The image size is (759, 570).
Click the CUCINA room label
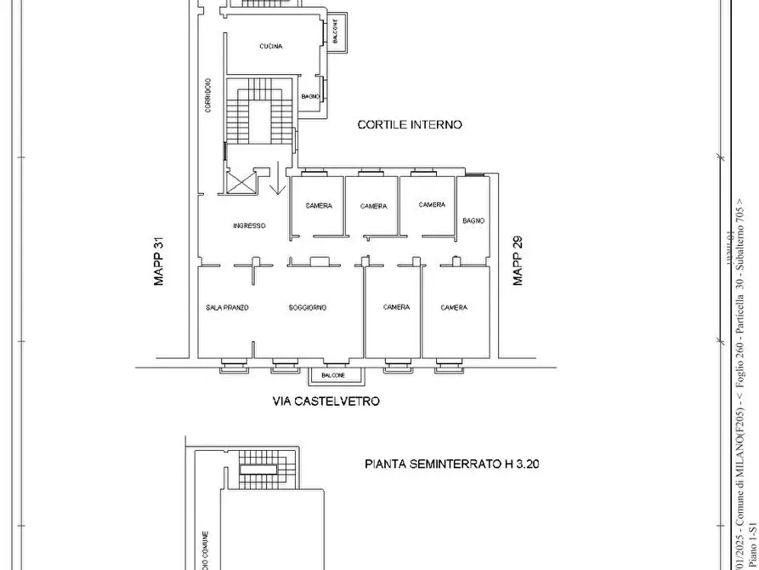point(271,47)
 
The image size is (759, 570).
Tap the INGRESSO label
point(250,226)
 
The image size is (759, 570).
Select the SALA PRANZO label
point(227,308)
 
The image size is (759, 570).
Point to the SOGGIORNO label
point(308,308)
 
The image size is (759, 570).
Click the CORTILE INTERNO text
point(410,125)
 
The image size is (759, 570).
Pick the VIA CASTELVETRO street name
point(326,402)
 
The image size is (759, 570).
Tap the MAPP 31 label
point(158,261)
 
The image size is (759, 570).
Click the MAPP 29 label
point(518,261)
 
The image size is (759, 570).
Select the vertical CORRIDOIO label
point(207,95)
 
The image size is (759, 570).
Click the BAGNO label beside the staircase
point(310,97)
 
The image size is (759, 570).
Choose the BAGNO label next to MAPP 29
point(473,221)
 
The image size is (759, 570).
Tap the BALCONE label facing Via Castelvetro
point(334,375)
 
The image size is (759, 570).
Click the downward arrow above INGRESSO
point(276,180)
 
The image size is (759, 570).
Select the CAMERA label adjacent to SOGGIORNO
point(396,308)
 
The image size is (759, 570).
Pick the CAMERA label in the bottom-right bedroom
point(454,308)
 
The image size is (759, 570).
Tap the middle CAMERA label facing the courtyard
point(373,207)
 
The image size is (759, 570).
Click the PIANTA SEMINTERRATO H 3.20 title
point(452,465)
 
